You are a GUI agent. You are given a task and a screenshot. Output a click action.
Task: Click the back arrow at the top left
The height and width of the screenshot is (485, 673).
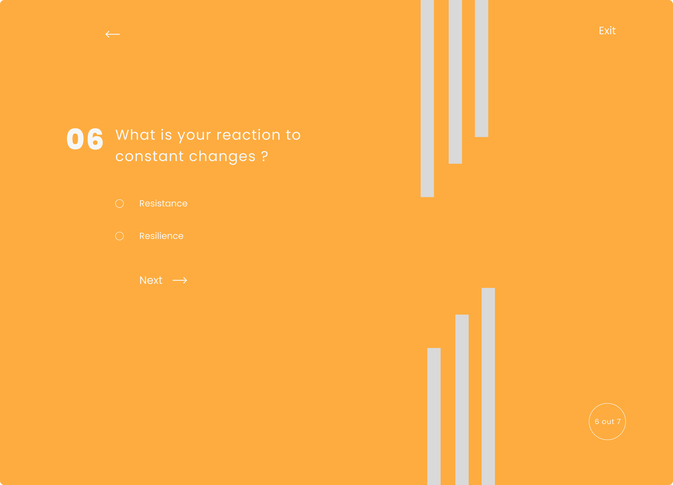[112, 34]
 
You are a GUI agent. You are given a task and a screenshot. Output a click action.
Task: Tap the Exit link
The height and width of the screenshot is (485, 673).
[607, 31]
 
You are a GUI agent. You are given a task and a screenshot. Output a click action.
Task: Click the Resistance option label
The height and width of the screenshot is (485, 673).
[163, 203]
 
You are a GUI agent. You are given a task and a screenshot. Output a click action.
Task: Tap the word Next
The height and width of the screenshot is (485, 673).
[151, 280]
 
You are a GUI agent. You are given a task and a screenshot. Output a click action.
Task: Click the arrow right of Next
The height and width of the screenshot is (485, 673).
[180, 280]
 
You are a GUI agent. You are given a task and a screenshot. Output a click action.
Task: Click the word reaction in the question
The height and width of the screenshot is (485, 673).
[249, 135]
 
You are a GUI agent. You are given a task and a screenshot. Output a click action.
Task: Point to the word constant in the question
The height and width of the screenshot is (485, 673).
[150, 156]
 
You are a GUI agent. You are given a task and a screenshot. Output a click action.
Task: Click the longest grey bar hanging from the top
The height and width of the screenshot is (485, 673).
[427, 98]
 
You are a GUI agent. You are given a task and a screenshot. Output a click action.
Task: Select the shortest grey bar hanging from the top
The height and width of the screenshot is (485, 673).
[482, 69]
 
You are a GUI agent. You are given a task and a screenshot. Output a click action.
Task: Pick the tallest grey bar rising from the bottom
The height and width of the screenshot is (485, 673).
[488, 386]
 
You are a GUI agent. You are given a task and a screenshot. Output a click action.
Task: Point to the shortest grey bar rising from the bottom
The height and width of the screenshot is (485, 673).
[434, 416]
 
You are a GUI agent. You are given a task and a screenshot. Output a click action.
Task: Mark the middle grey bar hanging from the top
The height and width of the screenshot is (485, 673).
[455, 82]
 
